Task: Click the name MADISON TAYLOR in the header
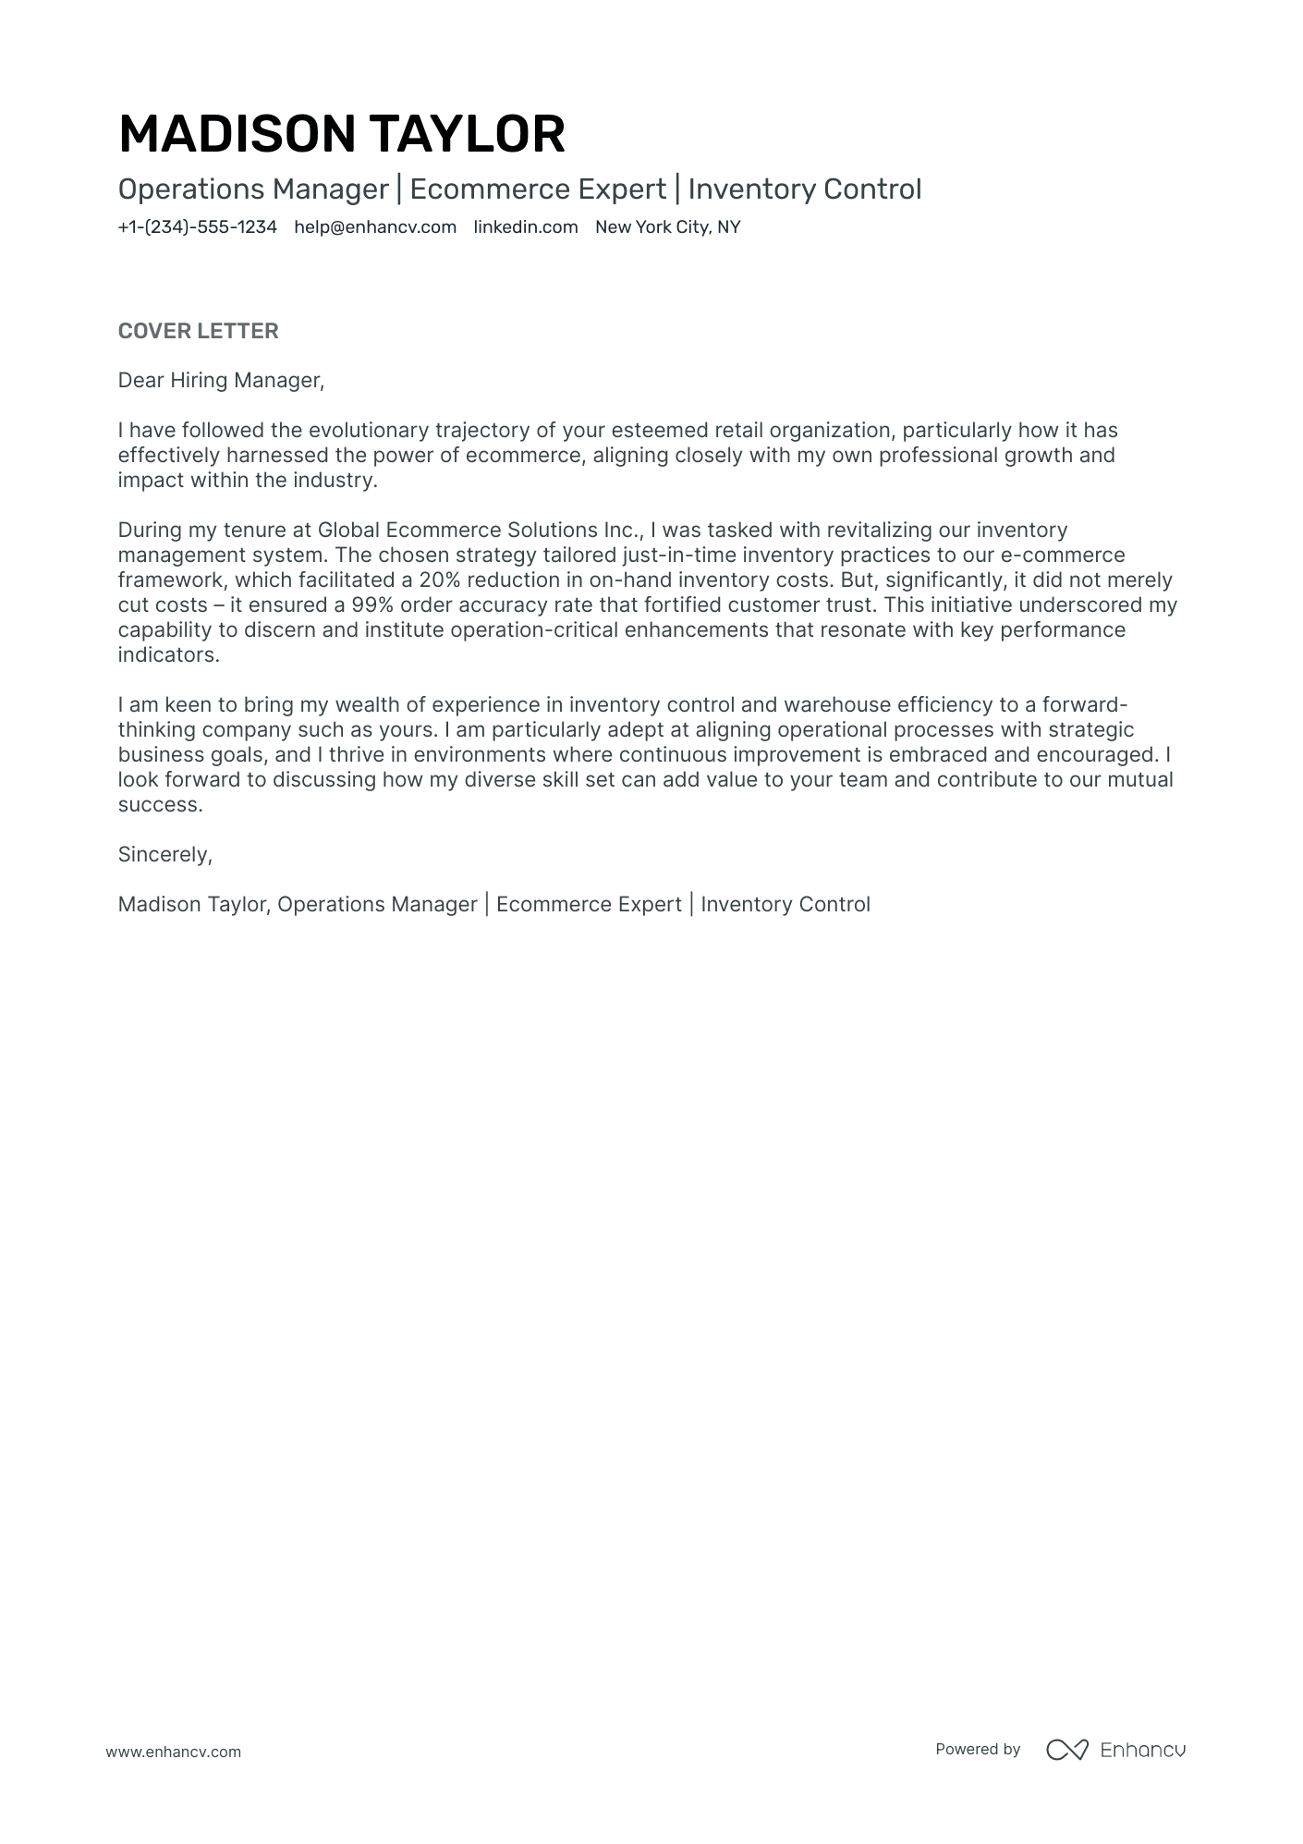(341, 134)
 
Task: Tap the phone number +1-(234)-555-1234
(197, 227)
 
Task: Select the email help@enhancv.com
(375, 227)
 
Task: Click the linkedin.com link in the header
(525, 227)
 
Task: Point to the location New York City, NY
(667, 227)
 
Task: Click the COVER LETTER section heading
(198, 331)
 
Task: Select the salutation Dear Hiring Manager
(221, 381)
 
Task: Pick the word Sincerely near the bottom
(164, 855)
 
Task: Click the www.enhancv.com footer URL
(173, 1752)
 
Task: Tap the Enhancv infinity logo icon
(1067, 1750)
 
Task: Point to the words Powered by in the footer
(978, 1750)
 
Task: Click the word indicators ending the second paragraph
(167, 655)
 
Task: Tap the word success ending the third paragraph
(158, 805)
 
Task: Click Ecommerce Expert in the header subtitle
(538, 189)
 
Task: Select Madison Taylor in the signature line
(193, 905)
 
